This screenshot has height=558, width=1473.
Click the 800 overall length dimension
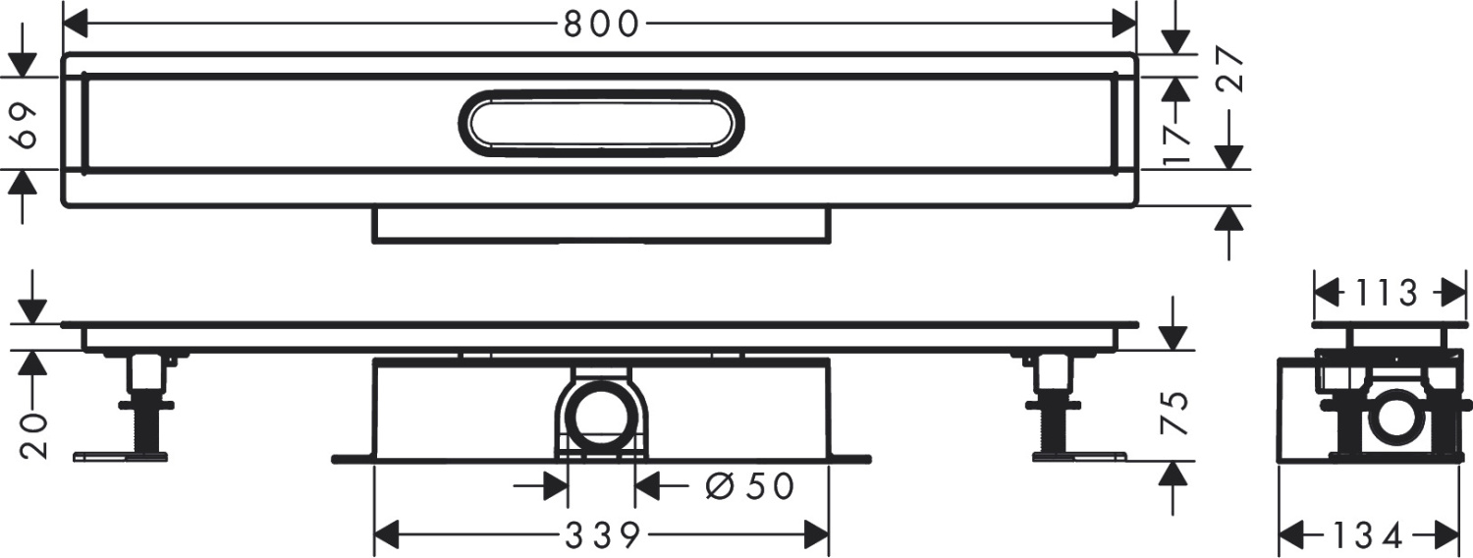[601, 24]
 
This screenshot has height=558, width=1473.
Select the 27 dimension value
[1231, 70]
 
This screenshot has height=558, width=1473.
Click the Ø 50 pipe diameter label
[750, 485]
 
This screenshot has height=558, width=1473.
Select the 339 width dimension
[601, 535]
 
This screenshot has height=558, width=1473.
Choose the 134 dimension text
[1375, 535]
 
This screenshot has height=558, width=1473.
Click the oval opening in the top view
[601, 124]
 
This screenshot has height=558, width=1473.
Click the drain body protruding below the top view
[601, 225]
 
